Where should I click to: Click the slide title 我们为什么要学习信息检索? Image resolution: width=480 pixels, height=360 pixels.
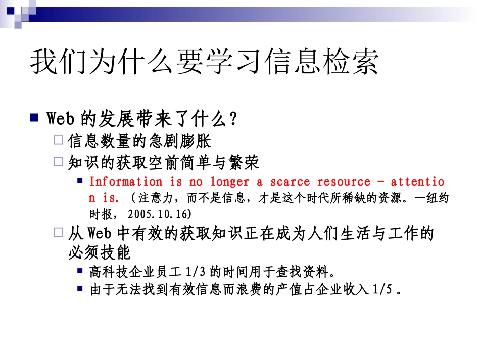[204, 63]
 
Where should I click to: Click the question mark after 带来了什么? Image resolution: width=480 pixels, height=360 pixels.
[233, 120]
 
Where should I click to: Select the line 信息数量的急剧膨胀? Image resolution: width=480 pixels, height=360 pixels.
[139, 141]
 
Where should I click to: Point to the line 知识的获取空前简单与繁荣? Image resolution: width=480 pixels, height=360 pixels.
[163, 162]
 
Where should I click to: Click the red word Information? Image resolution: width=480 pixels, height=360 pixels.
[126, 182]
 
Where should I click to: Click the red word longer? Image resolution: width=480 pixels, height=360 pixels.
[230, 182]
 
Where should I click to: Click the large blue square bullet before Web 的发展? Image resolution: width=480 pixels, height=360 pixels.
[34, 118]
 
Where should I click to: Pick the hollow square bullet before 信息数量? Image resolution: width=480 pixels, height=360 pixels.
[59, 140]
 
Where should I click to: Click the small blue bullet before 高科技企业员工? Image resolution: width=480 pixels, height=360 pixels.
[80, 271]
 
